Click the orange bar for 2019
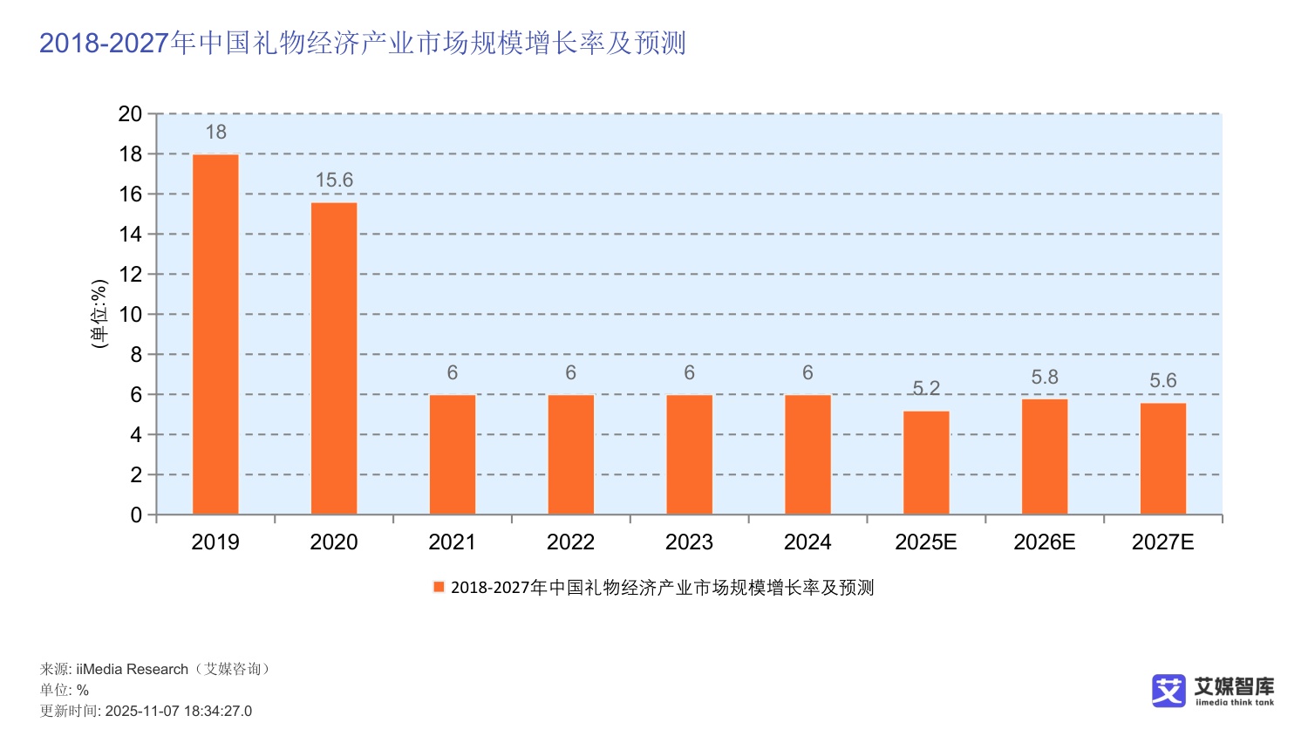coord(215,334)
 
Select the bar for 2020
coord(334,358)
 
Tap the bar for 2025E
coord(926,462)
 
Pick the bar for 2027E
coord(1162,459)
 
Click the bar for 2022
coord(570,454)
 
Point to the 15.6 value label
coord(334,180)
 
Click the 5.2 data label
coord(926,388)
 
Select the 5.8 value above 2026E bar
coord(1044,377)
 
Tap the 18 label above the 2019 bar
coord(215,132)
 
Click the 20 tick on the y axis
coord(130,114)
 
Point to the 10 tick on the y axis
coord(130,315)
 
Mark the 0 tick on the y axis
coord(136,515)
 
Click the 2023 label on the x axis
coord(689,542)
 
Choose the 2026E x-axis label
coord(1044,542)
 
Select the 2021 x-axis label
coord(452,542)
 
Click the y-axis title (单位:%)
coord(99,314)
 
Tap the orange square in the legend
coord(439,587)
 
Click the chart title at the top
coord(363,43)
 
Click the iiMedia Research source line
coord(157,669)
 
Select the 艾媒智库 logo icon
coord(1168,690)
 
